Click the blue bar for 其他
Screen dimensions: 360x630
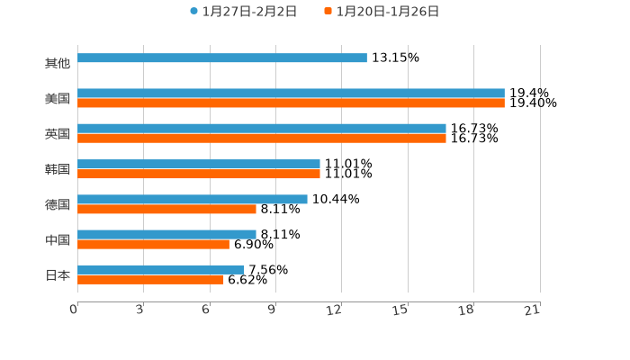[x=222, y=58]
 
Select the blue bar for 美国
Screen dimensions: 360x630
[x=291, y=93]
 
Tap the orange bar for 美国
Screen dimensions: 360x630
[x=291, y=103]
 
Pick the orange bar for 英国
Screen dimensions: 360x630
[x=262, y=139]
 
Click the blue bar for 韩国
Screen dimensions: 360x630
[x=199, y=164]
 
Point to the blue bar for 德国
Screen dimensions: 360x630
[x=193, y=199]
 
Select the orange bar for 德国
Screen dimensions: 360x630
[x=166, y=210]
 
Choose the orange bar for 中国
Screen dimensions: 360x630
[x=153, y=245]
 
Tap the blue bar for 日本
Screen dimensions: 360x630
[x=161, y=269]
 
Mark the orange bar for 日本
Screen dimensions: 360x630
[x=150, y=280]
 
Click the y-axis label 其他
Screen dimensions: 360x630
[x=57, y=64]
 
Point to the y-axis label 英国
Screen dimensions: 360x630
[x=57, y=134]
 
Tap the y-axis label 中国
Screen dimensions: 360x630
[x=57, y=240]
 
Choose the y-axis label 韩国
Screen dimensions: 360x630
[x=57, y=169]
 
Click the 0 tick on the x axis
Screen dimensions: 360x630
[x=75, y=310]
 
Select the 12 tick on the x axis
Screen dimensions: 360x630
[x=335, y=310]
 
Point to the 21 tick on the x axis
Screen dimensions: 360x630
[x=532, y=310]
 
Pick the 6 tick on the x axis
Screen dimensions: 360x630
[x=206, y=310]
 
